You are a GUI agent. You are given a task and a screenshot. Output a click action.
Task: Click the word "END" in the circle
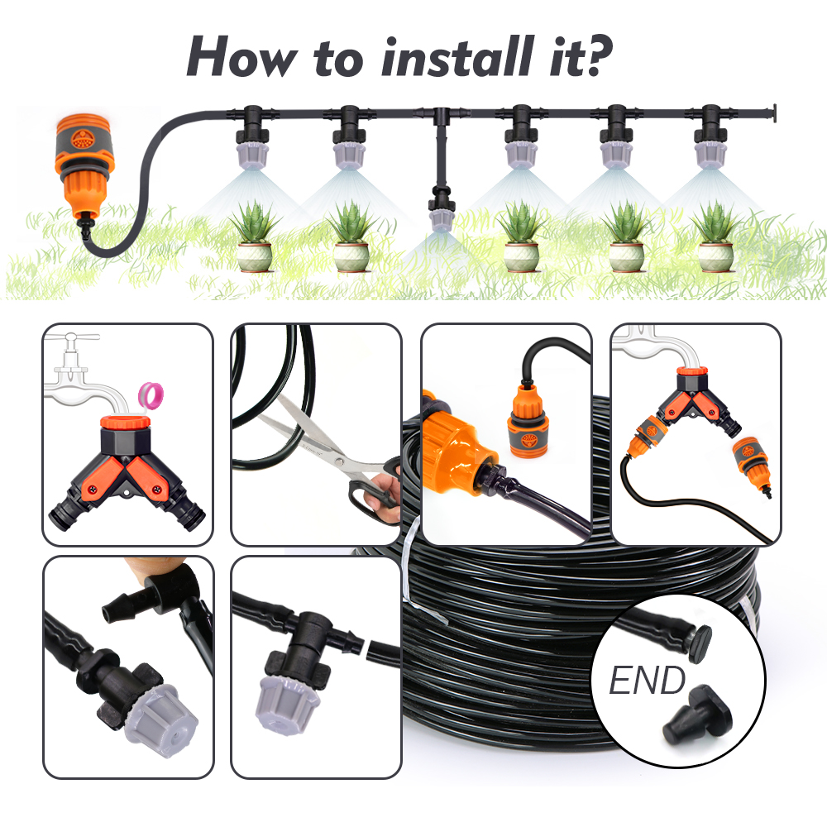coord(647,680)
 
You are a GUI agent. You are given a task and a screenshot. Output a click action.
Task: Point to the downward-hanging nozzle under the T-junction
coord(439,208)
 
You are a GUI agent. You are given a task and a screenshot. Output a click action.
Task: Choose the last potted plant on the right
coord(715,237)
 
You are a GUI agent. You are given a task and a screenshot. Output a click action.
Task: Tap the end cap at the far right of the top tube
coord(773,113)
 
